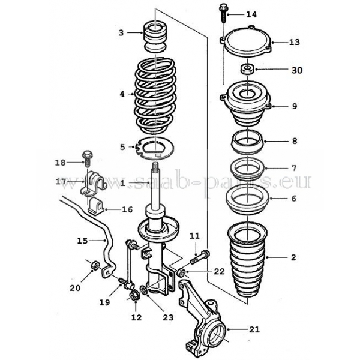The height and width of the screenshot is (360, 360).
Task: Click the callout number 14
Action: coord(250,14)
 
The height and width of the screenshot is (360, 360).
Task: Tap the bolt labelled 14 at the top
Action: coord(223,13)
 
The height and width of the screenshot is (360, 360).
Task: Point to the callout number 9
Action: coord(294,106)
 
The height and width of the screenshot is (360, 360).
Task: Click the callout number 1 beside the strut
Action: coord(122,182)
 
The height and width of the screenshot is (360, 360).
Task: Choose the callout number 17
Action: coord(61,181)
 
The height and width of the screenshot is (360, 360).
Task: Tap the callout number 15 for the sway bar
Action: coord(83,241)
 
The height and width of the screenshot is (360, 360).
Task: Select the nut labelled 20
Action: coord(94,266)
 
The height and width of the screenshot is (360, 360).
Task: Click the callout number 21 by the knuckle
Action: coord(254,329)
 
